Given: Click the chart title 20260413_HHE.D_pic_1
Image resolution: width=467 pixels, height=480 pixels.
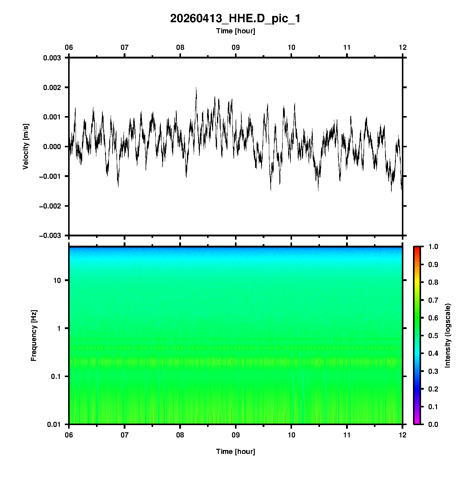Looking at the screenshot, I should (x=235, y=19).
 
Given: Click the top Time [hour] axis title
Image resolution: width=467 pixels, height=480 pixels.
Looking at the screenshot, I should (x=235, y=31).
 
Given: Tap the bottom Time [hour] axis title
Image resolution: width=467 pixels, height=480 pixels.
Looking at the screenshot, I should (x=235, y=451).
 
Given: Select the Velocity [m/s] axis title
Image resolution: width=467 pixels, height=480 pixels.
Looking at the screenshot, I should (x=26, y=146).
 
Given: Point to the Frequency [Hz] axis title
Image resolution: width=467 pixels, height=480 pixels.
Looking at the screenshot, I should (x=34, y=335).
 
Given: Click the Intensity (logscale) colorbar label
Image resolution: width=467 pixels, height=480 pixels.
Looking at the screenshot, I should (x=448, y=335).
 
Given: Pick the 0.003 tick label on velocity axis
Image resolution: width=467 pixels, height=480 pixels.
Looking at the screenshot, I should (x=52, y=58).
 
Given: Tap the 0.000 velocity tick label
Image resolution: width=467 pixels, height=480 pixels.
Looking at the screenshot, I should (x=52, y=147).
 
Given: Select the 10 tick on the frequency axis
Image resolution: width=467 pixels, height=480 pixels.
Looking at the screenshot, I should (x=57, y=280).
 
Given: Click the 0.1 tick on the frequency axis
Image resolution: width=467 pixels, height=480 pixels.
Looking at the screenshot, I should (x=56, y=376).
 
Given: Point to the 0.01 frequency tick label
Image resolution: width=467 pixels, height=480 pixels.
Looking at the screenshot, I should (x=54, y=424).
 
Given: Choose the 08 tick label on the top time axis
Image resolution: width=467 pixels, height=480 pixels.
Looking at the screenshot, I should (x=180, y=47).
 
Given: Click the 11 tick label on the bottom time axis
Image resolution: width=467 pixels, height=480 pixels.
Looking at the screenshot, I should (x=347, y=435).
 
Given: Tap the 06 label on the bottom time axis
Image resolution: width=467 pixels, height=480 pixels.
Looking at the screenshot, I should (x=69, y=435).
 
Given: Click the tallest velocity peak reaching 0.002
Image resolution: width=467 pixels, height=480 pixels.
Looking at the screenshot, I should (x=196, y=88).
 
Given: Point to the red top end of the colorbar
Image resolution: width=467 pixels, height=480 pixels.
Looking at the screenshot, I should (x=417, y=248).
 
